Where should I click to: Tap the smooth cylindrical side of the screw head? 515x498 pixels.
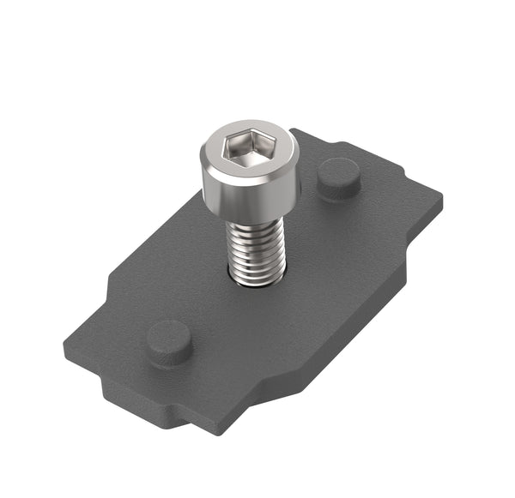point(249,195)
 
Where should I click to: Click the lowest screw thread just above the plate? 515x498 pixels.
point(257,279)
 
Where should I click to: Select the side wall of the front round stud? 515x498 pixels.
point(169,354)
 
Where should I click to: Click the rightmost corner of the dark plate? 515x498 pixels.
point(443,199)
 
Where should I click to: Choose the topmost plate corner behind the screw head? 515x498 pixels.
point(296,130)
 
